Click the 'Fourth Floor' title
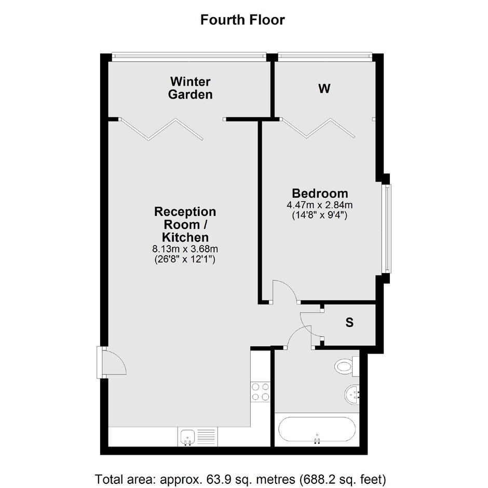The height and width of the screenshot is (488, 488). [242, 20]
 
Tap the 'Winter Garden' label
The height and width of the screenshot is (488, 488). [190, 88]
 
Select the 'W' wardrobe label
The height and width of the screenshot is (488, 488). [324, 89]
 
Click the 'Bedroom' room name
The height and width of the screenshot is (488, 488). [320, 193]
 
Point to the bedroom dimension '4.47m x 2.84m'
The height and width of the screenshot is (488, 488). [320, 205]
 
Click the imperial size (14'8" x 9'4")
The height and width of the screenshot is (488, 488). [320, 215]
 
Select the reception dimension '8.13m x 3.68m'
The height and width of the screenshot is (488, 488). [185, 249]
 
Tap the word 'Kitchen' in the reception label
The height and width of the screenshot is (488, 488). [185, 237]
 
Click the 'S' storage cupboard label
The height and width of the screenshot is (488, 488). [349, 323]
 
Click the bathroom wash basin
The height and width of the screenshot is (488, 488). [352, 395]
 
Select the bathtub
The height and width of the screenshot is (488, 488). [317, 429]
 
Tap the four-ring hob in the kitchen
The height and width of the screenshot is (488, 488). [260, 391]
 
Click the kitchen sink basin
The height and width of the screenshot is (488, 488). [187, 437]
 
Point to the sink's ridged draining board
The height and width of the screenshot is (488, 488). [206, 437]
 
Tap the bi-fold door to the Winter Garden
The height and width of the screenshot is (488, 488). [162, 129]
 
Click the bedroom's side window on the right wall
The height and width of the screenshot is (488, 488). [387, 229]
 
